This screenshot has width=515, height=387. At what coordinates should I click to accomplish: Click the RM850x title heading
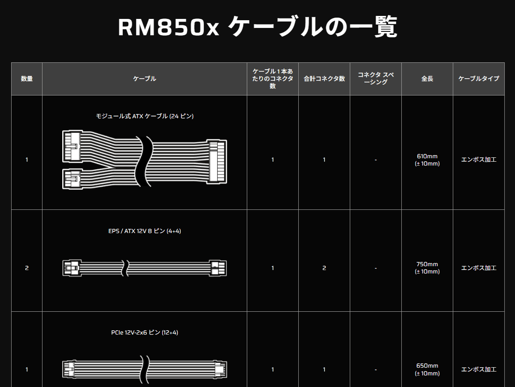(x=257, y=28)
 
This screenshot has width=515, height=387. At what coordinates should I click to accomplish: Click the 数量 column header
(x=27, y=79)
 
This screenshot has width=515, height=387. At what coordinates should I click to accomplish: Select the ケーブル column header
(x=145, y=79)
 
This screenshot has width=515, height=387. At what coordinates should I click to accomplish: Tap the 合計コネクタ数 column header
(x=324, y=79)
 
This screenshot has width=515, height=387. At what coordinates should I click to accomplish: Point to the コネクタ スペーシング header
(x=376, y=78)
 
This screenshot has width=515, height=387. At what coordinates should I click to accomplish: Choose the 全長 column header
(x=427, y=79)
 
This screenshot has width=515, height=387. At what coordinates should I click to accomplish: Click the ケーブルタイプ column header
(x=479, y=79)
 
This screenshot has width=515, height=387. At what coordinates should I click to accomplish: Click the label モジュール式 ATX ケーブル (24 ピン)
(x=145, y=116)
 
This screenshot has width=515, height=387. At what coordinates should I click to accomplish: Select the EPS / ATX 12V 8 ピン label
(x=145, y=231)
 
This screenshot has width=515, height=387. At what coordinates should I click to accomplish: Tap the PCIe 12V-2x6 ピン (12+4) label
(x=145, y=332)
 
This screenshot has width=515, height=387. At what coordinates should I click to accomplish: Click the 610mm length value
(x=427, y=157)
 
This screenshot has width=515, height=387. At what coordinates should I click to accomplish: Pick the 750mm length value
(x=427, y=264)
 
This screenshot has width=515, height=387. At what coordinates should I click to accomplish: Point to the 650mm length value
(x=427, y=366)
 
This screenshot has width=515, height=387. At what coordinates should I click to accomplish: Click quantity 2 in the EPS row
(x=27, y=268)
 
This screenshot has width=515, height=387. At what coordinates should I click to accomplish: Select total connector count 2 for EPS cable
(x=324, y=268)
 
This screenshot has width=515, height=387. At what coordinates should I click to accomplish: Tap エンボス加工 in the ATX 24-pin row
(x=479, y=160)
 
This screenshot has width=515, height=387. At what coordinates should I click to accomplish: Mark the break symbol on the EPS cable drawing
(x=125, y=268)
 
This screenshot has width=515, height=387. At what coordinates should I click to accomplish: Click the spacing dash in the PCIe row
(x=376, y=369)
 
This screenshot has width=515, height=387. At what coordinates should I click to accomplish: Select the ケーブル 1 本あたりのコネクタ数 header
(x=273, y=79)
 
